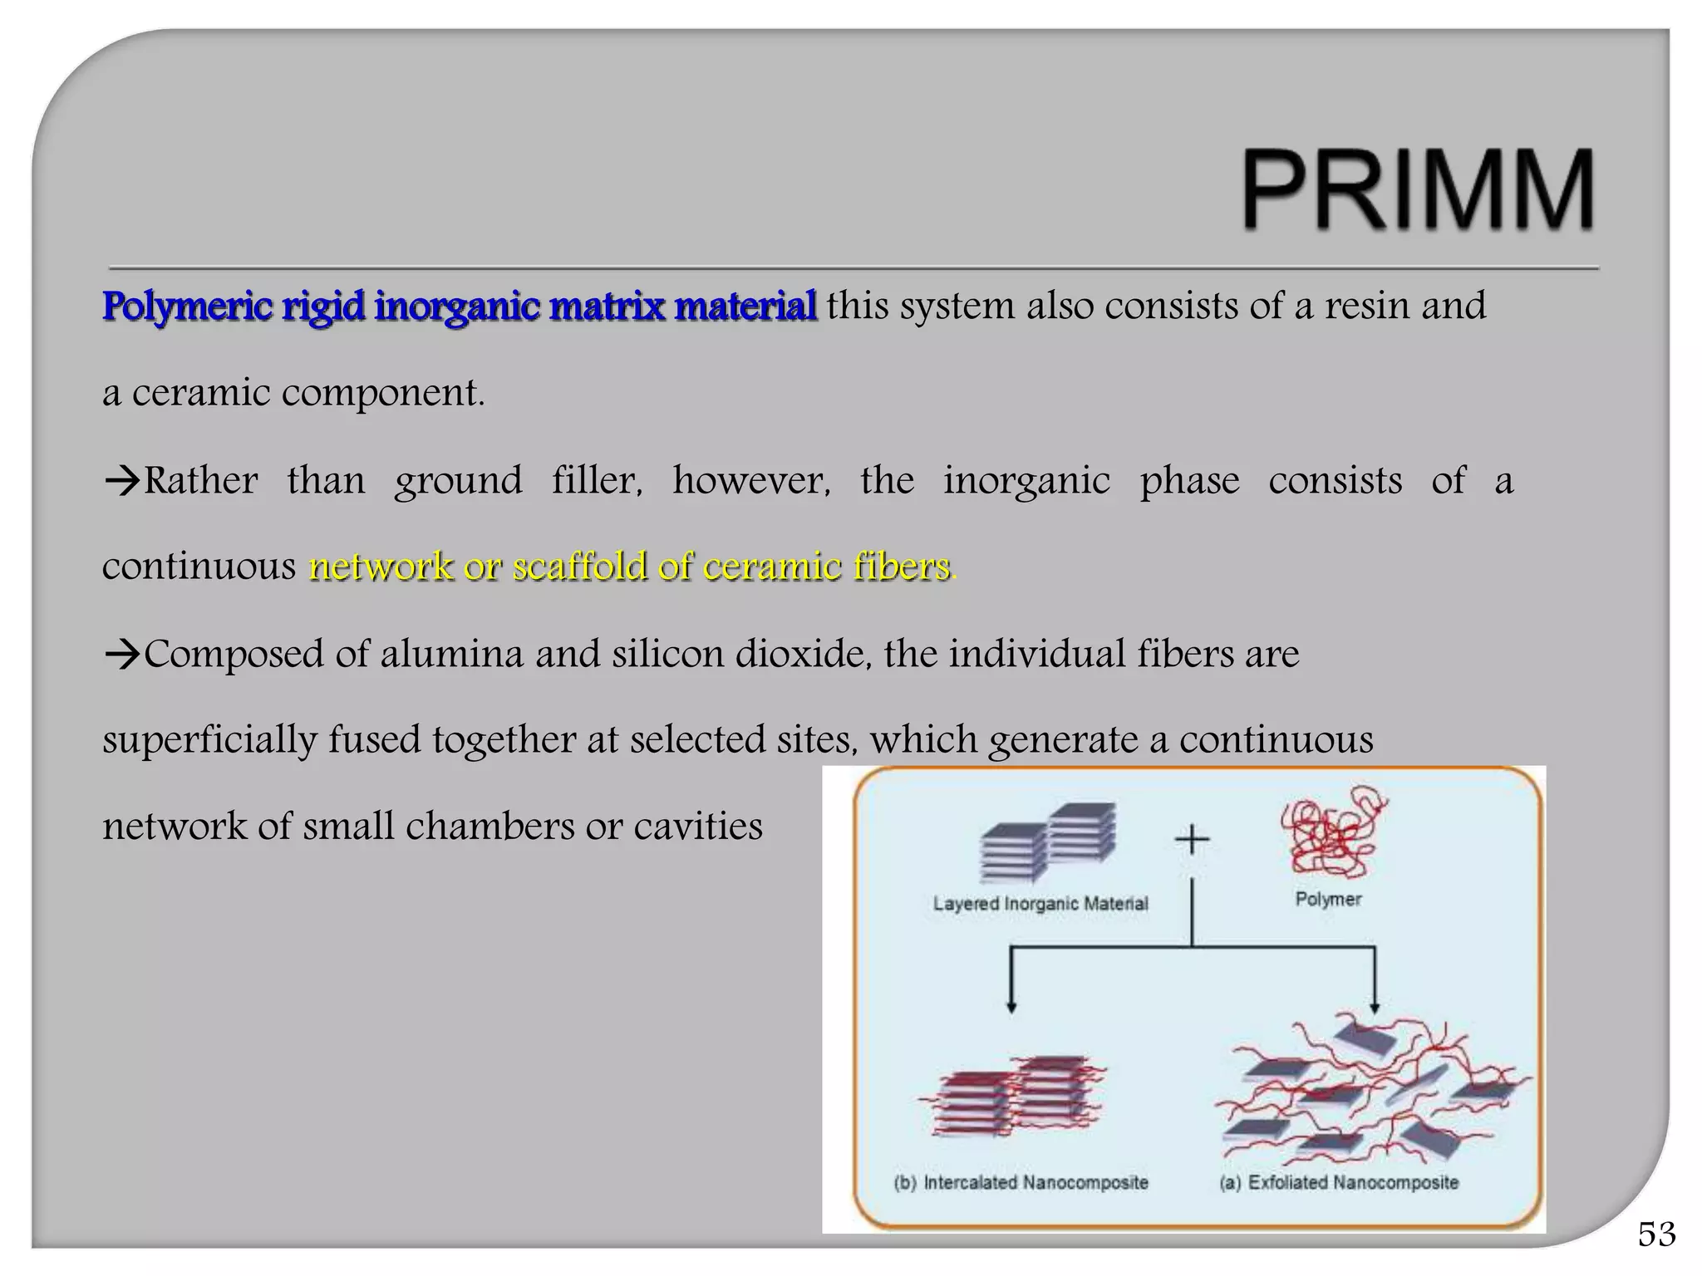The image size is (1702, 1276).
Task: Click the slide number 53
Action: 1656,1234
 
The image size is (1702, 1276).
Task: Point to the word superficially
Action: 209,740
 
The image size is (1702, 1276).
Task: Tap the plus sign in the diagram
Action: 1192,840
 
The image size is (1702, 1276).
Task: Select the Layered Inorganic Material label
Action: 1040,904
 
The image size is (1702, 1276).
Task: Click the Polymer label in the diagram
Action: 1328,900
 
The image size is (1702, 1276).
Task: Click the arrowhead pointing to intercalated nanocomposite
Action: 1011,1007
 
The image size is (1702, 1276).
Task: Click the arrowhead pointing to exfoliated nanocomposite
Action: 1375,1007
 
